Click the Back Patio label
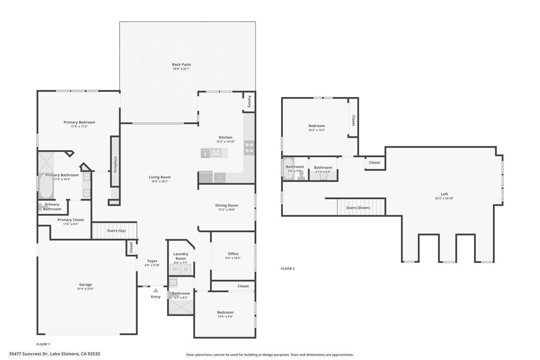click(x=181, y=64)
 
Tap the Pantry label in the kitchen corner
click(x=249, y=101)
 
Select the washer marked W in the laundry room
click(x=174, y=269)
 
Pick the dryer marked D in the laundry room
click(x=186, y=269)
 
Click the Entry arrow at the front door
click(x=156, y=290)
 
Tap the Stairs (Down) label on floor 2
click(x=358, y=208)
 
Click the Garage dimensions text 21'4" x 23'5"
click(x=85, y=289)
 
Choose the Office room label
click(x=233, y=254)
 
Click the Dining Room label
click(x=227, y=205)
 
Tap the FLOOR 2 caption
click(x=287, y=269)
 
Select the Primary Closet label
click(x=71, y=220)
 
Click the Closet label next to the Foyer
click(x=131, y=247)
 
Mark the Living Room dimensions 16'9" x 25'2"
click(x=159, y=181)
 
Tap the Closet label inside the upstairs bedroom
click(x=353, y=120)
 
